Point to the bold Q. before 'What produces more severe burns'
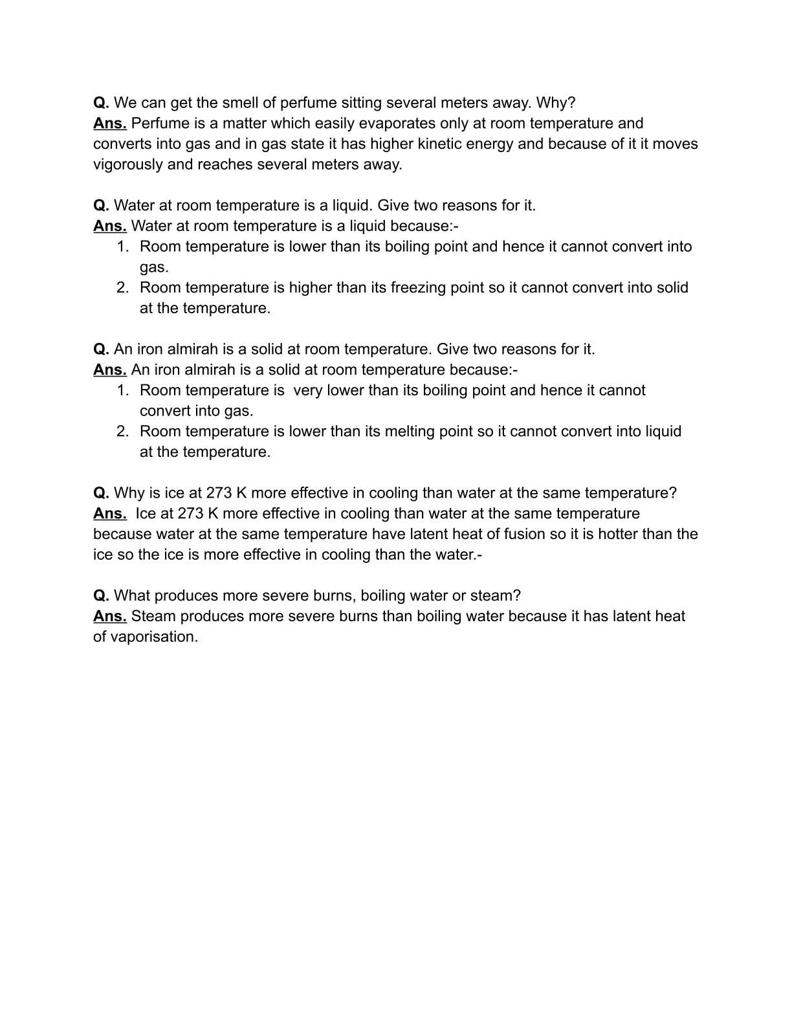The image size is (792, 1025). [x=101, y=596]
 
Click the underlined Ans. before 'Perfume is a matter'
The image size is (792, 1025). [x=109, y=124]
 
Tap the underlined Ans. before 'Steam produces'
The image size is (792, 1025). [x=109, y=617]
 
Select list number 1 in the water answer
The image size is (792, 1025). [x=123, y=247]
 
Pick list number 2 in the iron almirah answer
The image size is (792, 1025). [x=123, y=432]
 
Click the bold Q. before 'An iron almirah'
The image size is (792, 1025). [x=101, y=349]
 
